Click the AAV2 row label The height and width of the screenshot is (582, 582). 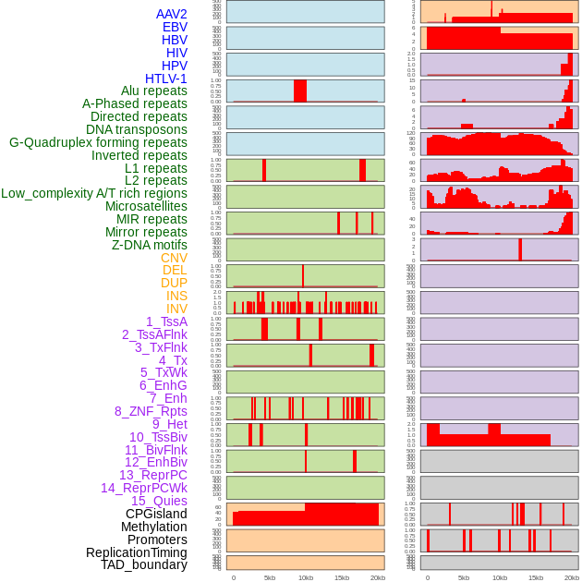coord(172,14)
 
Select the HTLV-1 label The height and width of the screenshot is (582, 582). coord(166,79)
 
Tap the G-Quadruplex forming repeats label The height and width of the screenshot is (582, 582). coord(98,142)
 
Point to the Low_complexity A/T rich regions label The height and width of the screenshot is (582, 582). coord(94,193)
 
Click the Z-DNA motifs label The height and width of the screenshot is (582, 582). coord(150,245)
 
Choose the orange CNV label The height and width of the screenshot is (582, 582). coord(174,258)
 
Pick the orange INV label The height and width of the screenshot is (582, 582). coord(176,309)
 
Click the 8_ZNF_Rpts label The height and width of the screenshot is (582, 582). coord(151,411)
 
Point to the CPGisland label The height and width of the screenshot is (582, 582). coord(156,514)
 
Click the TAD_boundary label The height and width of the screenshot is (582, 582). coord(144,564)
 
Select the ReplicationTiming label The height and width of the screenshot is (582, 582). coord(137,552)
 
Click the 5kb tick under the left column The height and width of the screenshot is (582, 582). coord(270,577)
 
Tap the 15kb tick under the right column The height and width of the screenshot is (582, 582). coord(536,577)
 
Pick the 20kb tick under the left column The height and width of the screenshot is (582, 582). coord(378,577)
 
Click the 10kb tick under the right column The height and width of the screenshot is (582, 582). coord(500,577)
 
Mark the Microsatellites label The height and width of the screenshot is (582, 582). coord(146,206)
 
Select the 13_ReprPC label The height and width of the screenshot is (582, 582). coord(152,475)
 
